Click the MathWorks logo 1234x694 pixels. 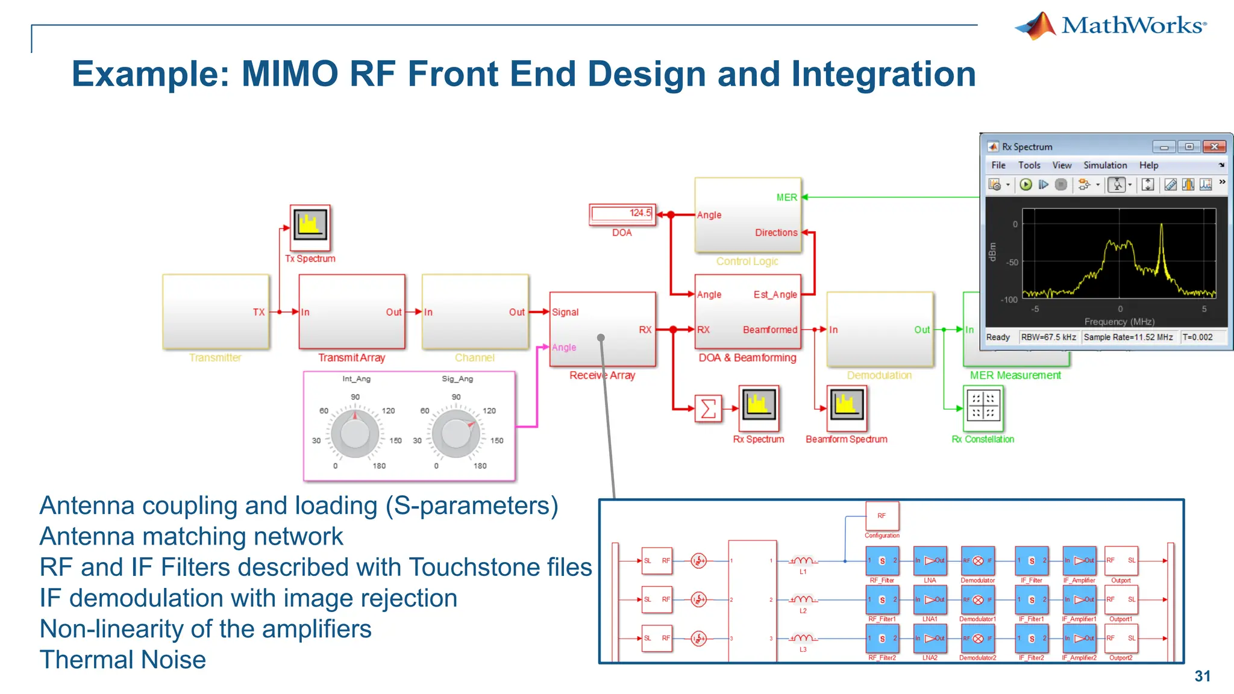click(x=1110, y=25)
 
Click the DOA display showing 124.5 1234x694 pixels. click(x=622, y=214)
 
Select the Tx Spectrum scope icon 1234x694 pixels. click(x=310, y=227)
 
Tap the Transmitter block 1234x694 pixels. click(x=215, y=311)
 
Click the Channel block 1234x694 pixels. click(x=475, y=311)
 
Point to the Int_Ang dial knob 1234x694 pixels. click(x=355, y=433)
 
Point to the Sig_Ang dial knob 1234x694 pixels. click(x=456, y=433)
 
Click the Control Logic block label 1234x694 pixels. click(x=747, y=261)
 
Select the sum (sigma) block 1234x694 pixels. click(x=709, y=408)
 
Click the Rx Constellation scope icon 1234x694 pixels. click(x=983, y=405)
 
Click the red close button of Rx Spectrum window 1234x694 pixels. click(x=1214, y=147)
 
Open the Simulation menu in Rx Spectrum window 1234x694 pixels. click(x=1104, y=165)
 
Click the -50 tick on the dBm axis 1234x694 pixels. click(x=1012, y=262)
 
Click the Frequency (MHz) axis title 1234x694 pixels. click(x=1119, y=322)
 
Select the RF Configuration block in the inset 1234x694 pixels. click(x=882, y=516)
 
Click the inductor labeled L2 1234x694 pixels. click(x=803, y=599)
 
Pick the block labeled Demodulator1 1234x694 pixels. click(x=977, y=600)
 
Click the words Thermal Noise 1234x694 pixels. click(x=123, y=660)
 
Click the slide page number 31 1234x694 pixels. click(x=1202, y=676)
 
